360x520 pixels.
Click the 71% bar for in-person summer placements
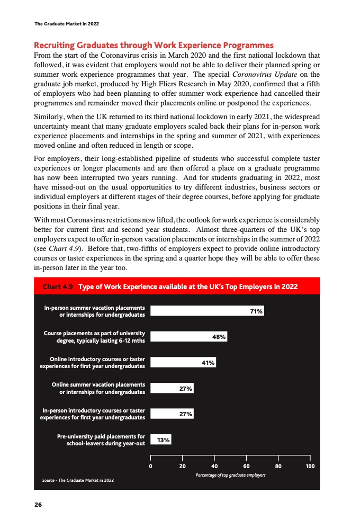point(207,311)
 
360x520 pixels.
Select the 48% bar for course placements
point(189,337)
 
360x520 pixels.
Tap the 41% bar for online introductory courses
point(183,362)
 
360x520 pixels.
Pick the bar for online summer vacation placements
point(172,388)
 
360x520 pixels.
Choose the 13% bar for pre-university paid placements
point(161,439)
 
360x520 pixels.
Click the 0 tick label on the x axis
point(151,466)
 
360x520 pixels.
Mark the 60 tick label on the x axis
point(247,466)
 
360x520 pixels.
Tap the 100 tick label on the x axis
point(310,466)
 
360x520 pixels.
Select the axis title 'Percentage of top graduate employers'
point(231,475)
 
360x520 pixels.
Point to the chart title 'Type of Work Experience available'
point(187,286)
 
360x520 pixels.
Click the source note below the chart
point(78,480)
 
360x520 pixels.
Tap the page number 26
point(38,504)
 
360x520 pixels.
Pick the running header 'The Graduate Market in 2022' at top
point(66,24)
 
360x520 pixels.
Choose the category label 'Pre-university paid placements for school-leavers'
point(101,440)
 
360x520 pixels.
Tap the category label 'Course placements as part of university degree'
point(94,337)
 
